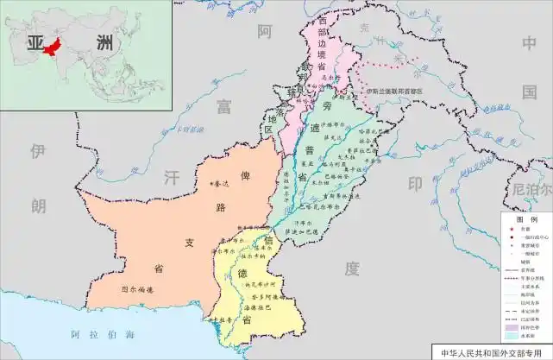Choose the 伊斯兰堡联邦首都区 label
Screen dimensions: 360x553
393,90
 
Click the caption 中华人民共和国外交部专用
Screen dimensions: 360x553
495,352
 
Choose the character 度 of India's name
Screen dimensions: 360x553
351,269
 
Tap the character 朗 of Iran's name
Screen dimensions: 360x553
37,205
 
